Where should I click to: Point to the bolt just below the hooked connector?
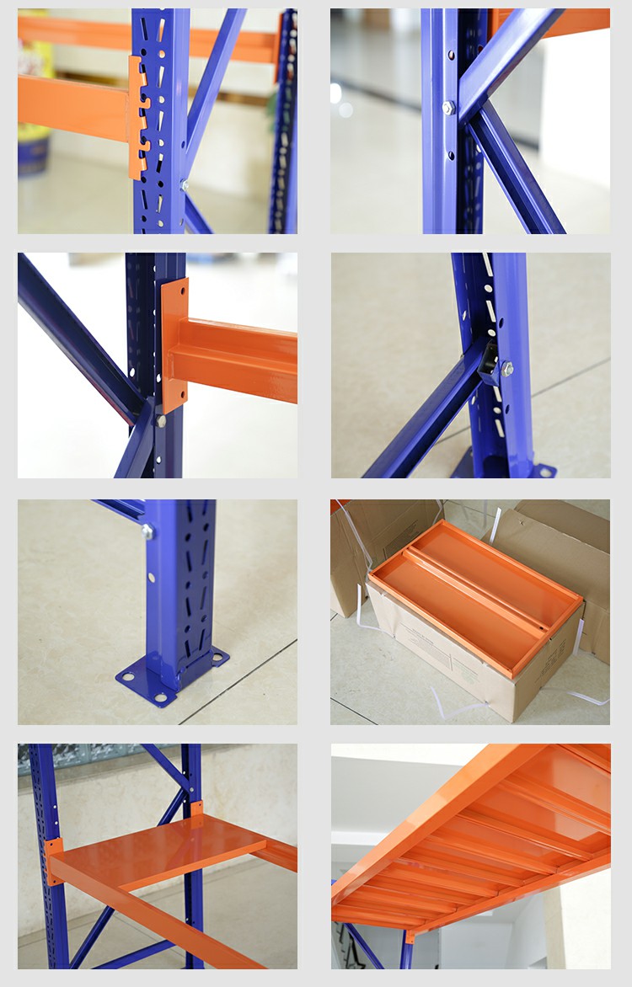point(184,184)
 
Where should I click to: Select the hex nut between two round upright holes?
point(448,108)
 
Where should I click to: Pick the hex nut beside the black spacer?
point(507,368)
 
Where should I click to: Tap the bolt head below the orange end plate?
point(161,420)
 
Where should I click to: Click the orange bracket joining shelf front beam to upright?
point(53,860)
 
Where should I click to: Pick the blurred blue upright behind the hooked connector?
point(284,126)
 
